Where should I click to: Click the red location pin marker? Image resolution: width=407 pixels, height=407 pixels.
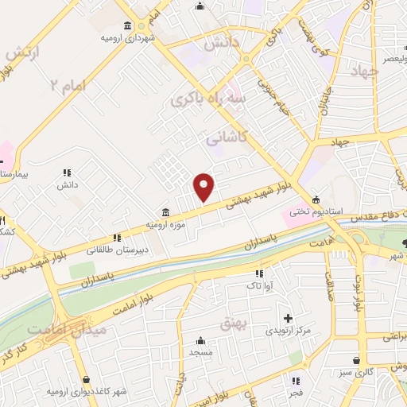[204, 187]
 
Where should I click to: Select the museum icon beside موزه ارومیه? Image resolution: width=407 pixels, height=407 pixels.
[165, 212]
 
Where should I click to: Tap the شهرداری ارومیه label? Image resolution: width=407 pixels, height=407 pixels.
[127, 37]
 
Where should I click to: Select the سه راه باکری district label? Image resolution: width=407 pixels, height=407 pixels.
[203, 99]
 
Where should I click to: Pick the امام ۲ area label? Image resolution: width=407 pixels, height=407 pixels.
[66, 83]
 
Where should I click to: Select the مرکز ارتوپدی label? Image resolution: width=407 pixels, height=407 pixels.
[283, 330]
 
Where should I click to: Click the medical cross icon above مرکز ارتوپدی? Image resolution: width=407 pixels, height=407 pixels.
[288, 318]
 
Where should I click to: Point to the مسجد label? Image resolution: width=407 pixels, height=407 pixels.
[199, 351]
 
